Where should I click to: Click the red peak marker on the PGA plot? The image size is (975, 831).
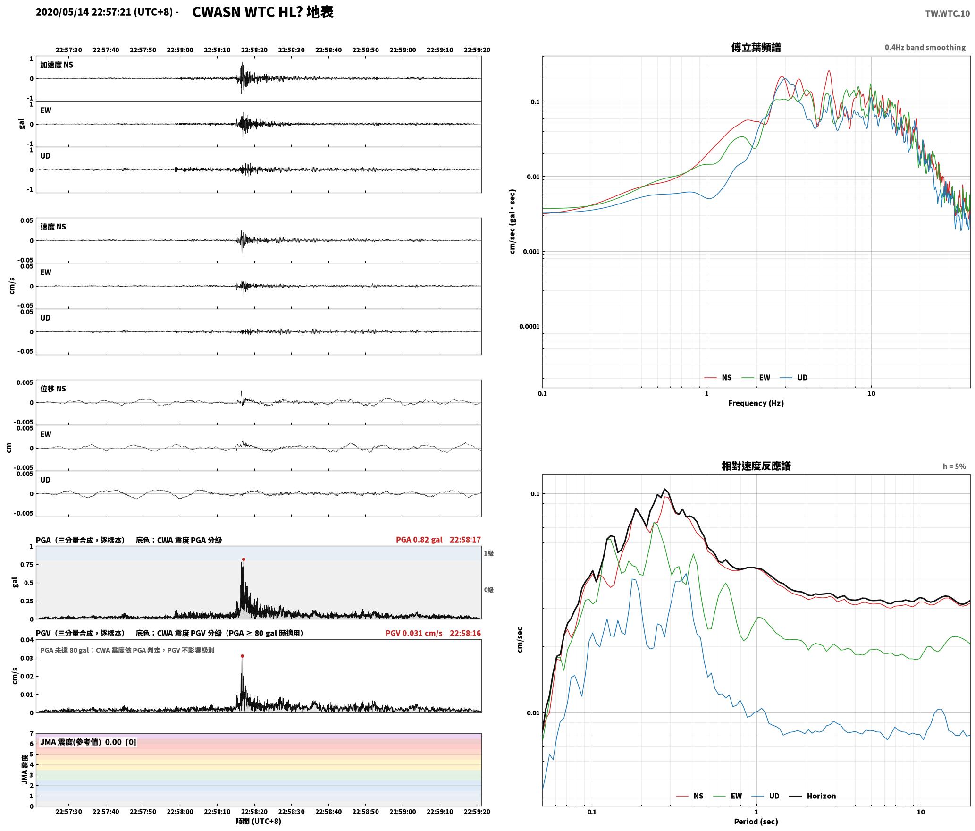(x=244, y=559)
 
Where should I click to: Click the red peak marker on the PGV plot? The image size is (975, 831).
(x=242, y=656)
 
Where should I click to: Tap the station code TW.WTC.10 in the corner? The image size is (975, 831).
(x=947, y=13)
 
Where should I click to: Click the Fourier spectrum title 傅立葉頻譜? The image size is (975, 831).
(x=756, y=47)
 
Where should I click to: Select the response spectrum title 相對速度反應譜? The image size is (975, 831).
(x=756, y=466)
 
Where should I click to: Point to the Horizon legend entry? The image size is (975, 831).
(x=813, y=796)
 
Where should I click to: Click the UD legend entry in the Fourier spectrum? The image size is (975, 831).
(x=794, y=377)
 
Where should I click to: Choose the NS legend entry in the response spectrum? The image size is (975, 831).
(x=689, y=796)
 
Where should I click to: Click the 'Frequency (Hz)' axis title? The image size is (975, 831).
(x=756, y=403)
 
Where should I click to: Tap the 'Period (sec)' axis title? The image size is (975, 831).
(x=756, y=821)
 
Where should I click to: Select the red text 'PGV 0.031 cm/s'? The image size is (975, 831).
(x=414, y=633)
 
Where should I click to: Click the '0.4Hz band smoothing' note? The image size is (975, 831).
(x=925, y=47)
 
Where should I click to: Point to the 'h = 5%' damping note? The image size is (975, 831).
(x=954, y=466)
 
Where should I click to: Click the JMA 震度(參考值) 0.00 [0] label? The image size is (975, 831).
(x=88, y=742)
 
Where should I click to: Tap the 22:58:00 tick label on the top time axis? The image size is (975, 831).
(x=180, y=50)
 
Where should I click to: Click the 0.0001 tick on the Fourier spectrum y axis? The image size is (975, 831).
(x=529, y=326)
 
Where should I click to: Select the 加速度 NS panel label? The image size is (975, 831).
(x=57, y=65)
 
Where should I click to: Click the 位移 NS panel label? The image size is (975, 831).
(x=53, y=389)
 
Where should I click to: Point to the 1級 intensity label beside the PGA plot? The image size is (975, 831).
(x=488, y=553)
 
